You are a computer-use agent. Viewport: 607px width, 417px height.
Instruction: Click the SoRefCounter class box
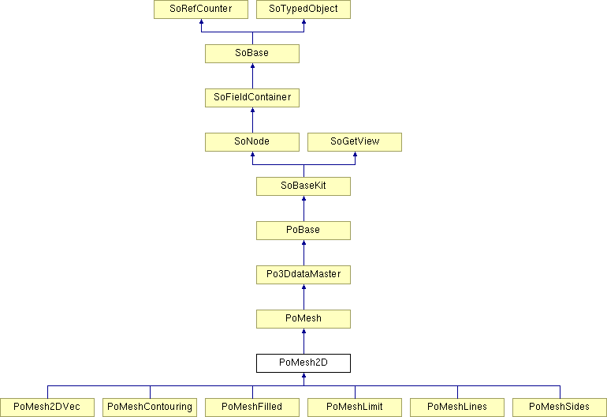[201, 9]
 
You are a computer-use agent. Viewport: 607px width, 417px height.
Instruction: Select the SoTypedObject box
[303, 9]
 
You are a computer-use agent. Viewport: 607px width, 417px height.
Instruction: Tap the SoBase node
[252, 54]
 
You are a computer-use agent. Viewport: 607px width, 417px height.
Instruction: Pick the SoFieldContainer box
[252, 98]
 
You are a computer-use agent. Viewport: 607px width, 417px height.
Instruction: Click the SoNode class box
[252, 142]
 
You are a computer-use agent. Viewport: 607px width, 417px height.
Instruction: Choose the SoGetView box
[355, 142]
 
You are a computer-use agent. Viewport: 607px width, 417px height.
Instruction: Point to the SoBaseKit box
[303, 186]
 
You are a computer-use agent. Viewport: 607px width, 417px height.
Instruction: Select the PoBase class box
[303, 231]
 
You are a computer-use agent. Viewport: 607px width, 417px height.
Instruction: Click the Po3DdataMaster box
[303, 275]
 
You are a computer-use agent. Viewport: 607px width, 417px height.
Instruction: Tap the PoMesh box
[303, 319]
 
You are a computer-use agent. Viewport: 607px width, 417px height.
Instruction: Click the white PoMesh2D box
[303, 363]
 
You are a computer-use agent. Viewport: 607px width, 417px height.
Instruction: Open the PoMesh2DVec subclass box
[47, 408]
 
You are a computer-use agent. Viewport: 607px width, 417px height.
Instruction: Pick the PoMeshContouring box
[150, 408]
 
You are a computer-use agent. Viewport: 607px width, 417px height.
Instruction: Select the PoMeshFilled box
[252, 408]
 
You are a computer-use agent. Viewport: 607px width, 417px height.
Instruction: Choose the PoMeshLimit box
[355, 408]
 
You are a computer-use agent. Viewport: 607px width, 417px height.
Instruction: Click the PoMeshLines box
[457, 408]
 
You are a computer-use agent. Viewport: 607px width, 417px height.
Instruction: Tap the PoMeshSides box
[560, 408]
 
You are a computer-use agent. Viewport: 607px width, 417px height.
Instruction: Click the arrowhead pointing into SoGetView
[355, 154]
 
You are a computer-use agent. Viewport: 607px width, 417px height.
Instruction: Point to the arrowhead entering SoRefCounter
[201, 22]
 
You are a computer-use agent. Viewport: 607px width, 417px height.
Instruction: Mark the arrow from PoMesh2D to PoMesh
[303, 341]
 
